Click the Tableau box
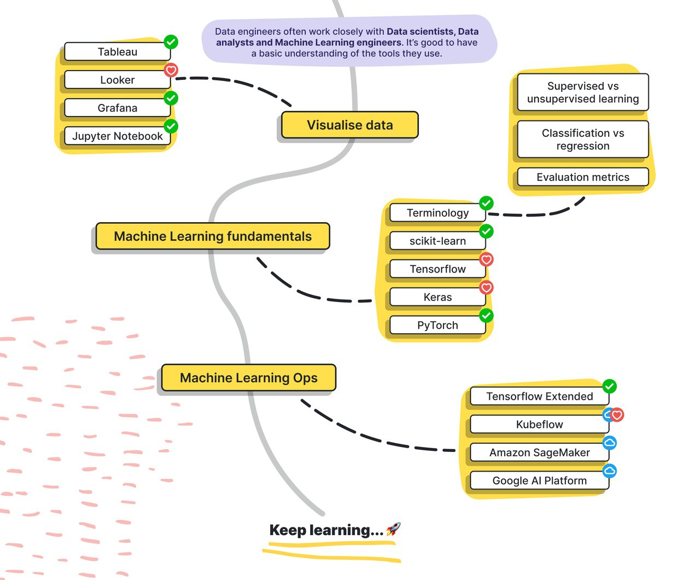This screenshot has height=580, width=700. coord(118,51)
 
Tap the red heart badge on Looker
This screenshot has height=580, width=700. coord(171,70)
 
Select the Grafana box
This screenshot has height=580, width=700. coord(118,108)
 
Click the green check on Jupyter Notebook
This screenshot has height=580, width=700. coord(171,126)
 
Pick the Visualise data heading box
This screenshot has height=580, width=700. coord(349,125)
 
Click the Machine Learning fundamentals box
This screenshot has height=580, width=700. coord(213,236)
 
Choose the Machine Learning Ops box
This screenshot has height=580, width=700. coord(248,378)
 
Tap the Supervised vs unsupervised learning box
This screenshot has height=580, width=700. coord(582,92)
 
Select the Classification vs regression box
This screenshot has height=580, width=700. coord(582,139)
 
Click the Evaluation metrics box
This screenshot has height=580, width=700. coord(582,177)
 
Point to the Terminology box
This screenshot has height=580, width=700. coord(437,213)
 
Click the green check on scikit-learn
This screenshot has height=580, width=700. coord(486,231)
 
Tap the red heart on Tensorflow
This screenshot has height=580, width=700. coord(486,259)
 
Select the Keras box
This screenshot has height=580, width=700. coord(437,297)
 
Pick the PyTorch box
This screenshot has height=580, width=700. coord(437,325)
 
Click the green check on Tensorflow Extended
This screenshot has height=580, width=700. coord(609,386)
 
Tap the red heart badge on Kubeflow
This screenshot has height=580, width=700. coord(617,415)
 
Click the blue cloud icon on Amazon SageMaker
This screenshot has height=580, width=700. coord(609,443)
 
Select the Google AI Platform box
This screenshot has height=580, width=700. coord(539,480)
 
